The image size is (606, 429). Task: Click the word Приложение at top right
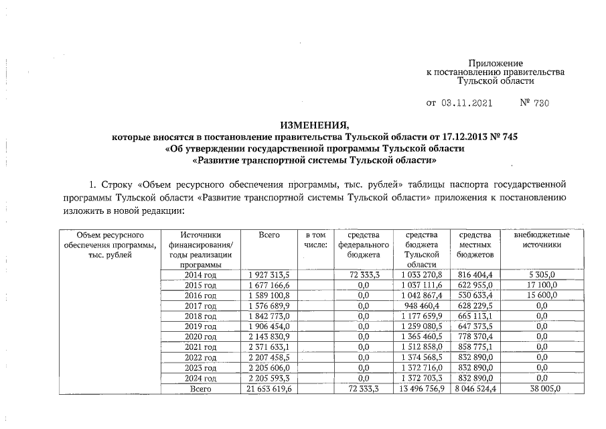pyautogui.click(x=495, y=62)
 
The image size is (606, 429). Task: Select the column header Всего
pyautogui.click(x=269, y=235)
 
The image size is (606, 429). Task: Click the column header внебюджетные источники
pyautogui.click(x=542, y=240)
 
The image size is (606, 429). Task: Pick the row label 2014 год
pyautogui.click(x=200, y=274)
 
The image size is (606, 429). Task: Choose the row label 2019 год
pyautogui.click(x=200, y=326)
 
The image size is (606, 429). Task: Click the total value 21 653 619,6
pyautogui.click(x=270, y=388)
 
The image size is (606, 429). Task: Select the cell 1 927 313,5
pyautogui.click(x=270, y=274)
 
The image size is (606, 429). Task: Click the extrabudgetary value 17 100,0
pyautogui.click(x=542, y=284)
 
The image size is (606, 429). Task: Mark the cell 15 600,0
pyautogui.click(x=542, y=295)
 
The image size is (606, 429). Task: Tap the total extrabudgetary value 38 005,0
pyautogui.click(x=542, y=388)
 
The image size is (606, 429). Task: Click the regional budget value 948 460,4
pyautogui.click(x=422, y=305)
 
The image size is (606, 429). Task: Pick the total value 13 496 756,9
pyautogui.click(x=422, y=388)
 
